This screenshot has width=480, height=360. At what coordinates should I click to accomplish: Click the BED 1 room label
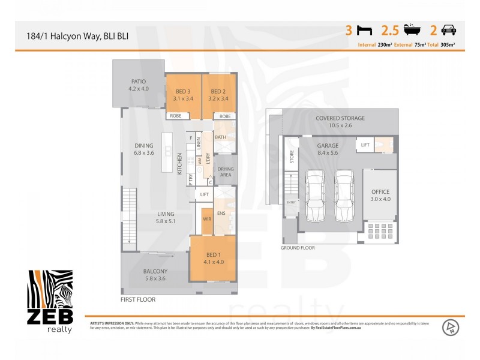coord(214,258)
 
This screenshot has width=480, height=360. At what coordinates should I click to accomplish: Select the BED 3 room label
coord(183,95)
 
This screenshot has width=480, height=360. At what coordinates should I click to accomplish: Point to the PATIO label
coord(138,85)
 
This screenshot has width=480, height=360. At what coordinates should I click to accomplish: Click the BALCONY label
coord(155,275)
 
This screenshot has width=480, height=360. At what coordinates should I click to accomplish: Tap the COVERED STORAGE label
coord(340,122)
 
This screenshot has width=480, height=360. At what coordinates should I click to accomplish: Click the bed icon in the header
coord(364,30)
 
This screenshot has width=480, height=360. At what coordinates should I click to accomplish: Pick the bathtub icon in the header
coord(412,30)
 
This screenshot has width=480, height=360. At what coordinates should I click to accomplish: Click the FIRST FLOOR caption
coord(138,299)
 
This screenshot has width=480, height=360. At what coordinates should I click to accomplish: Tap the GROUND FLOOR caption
coord(298,247)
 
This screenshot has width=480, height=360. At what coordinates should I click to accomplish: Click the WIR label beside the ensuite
coord(207,220)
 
